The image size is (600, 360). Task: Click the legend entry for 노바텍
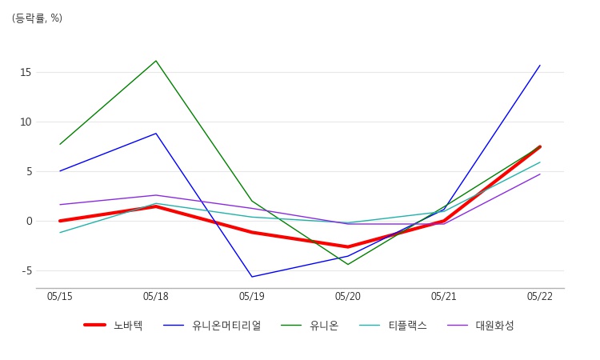pyautogui.click(x=114, y=326)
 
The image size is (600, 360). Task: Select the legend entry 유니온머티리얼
pyautogui.click(x=212, y=326)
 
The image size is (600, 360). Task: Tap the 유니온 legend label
pyautogui.click(x=310, y=326)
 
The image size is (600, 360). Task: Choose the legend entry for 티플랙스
pyautogui.click(x=393, y=326)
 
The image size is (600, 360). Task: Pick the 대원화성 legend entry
pyautogui.click(x=481, y=326)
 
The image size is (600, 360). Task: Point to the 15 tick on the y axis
pyautogui.click(x=26, y=72)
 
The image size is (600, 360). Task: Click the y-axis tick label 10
pyautogui.click(x=26, y=122)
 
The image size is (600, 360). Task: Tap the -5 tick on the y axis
pyautogui.click(x=26, y=271)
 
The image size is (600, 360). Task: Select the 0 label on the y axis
pyautogui.click(x=29, y=221)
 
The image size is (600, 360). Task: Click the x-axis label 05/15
pyautogui.click(x=60, y=297)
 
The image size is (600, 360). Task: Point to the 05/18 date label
pyautogui.click(x=156, y=297)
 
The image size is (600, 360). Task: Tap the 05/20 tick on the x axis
pyautogui.click(x=348, y=297)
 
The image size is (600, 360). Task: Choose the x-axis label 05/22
pyautogui.click(x=540, y=297)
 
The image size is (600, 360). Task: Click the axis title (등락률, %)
pyautogui.click(x=37, y=18)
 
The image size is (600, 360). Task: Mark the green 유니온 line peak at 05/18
pyautogui.click(x=156, y=61)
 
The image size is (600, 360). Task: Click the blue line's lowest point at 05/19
pyautogui.click(x=252, y=277)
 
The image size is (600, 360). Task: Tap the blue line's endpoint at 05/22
pyautogui.click(x=540, y=65)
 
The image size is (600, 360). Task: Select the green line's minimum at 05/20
pyautogui.click(x=348, y=264)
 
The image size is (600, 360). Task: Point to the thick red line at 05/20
pyautogui.click(x=348, y=246)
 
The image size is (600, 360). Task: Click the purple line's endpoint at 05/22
pyautogui.click(x=540, y=174)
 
